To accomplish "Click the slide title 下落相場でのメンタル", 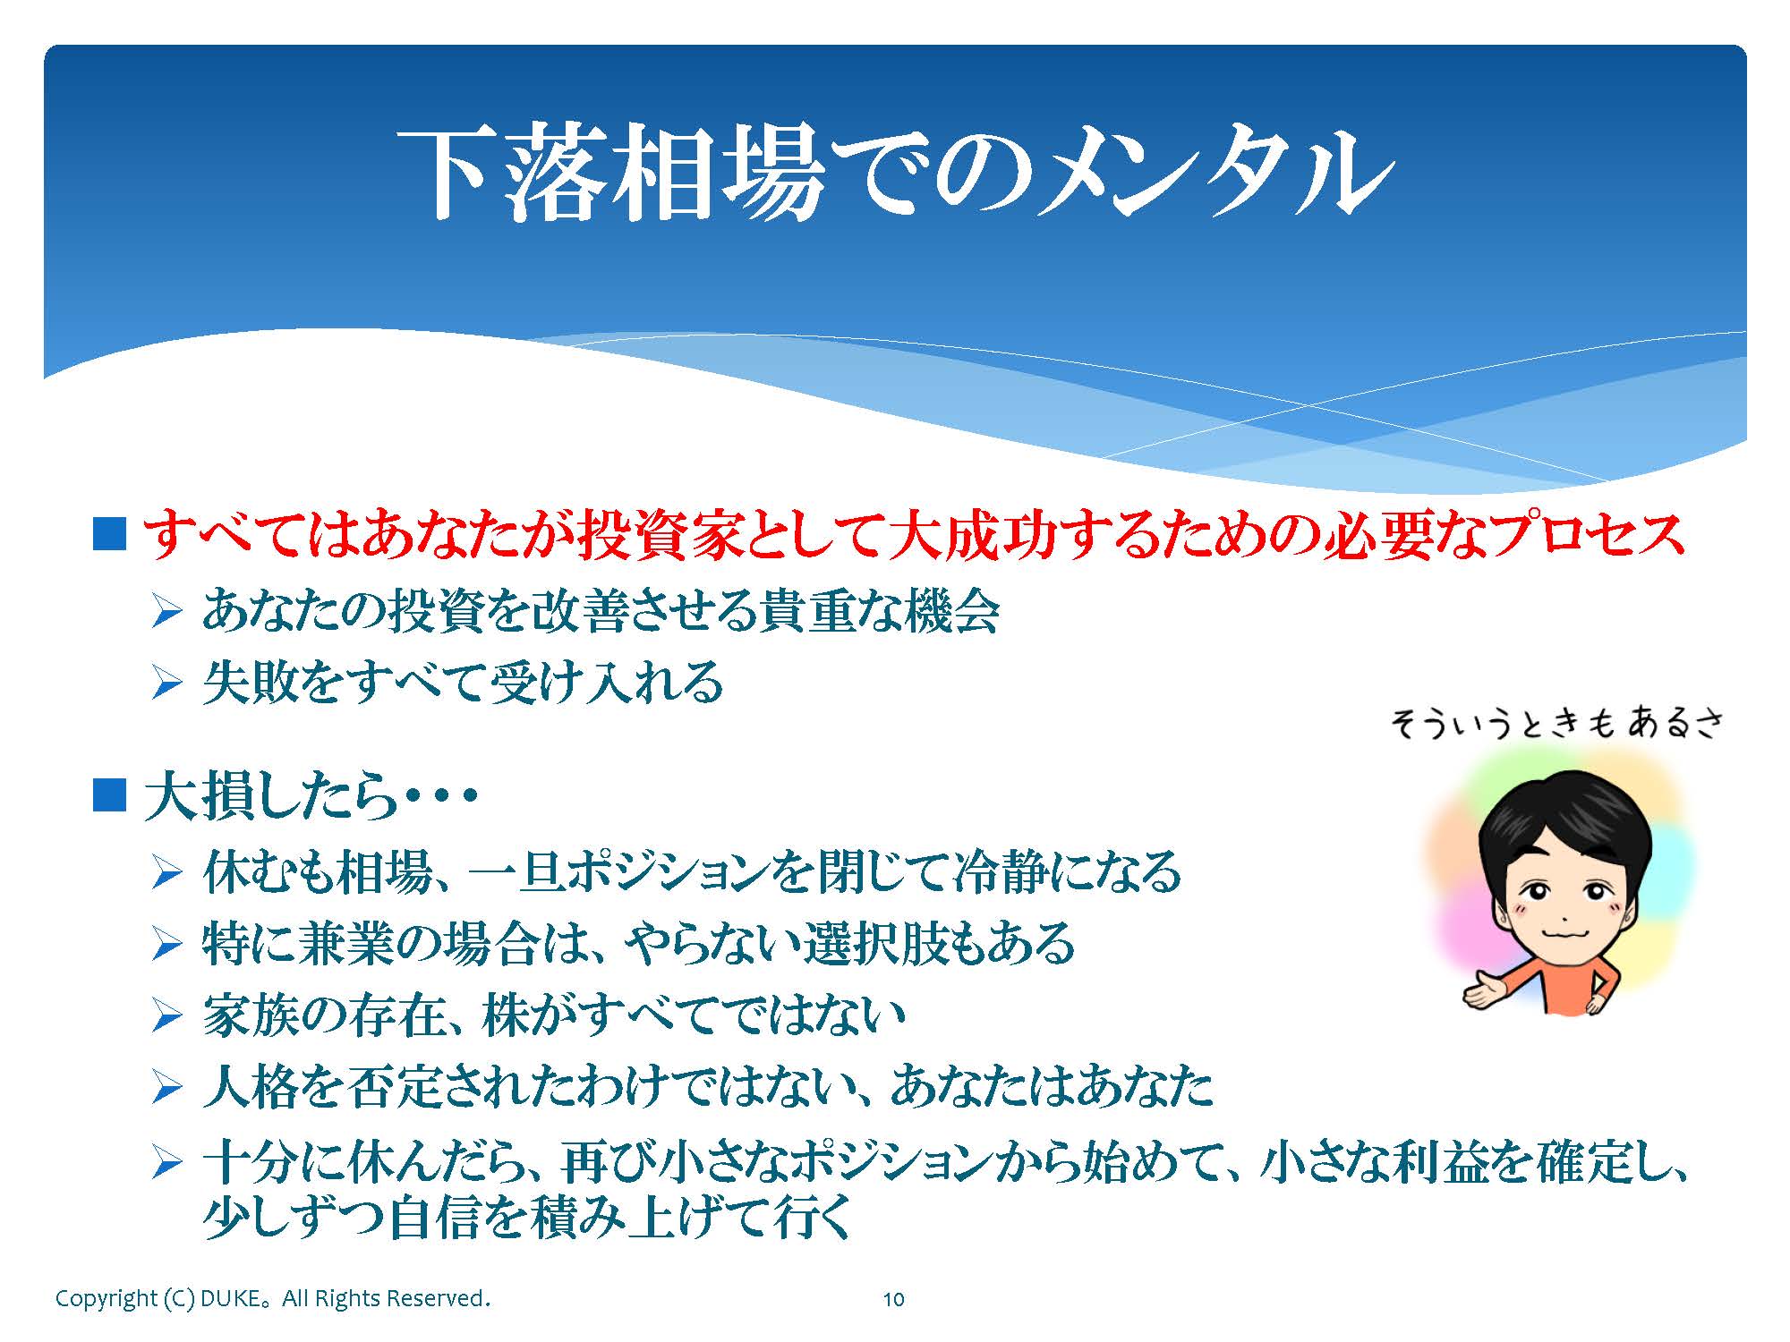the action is coord(895,172).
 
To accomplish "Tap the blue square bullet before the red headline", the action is coord(109,533).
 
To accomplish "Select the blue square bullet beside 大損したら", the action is coord(109,794).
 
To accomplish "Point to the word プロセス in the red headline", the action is coord(1589,535).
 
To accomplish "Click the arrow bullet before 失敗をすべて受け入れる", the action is coord(167,684).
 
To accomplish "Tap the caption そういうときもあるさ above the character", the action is coord(1556,723).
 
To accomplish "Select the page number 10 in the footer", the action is coord(894,1299).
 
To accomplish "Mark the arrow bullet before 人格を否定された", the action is coord(167,1088).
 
